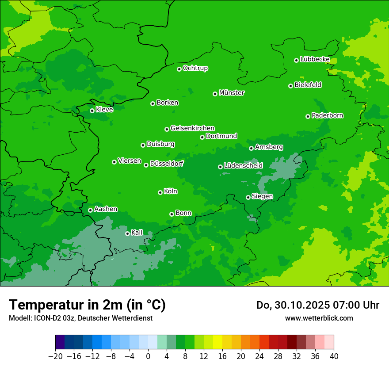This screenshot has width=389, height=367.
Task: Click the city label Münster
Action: [232, 93]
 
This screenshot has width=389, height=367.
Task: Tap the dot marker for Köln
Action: [160, 192]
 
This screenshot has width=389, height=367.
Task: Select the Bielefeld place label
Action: [308, 85]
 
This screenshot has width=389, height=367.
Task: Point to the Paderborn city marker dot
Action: [308, 116]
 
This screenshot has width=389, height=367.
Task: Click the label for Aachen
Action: [106, 209]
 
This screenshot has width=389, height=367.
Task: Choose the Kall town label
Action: [137, 233]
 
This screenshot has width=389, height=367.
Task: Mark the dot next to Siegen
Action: [248, 197]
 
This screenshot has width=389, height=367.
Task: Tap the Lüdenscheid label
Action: [243, 166]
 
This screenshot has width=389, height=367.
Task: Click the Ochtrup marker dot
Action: [179, 69]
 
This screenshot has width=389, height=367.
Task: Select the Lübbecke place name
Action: [315, 59]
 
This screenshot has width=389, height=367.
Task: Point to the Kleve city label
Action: [104, 110]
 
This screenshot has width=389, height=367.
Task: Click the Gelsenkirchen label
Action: [192, 128]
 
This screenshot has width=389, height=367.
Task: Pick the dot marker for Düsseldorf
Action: [146, 165]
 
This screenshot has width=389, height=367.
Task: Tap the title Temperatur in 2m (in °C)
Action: [87, 305]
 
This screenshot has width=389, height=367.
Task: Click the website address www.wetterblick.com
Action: [319, 318]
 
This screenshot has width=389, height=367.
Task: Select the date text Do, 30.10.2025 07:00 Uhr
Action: [318, 305]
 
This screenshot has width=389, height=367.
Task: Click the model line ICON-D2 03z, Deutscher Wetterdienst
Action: [80, 318]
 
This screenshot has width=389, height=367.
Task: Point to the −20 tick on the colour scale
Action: [55, 356]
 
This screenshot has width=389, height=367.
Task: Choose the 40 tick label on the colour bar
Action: [334, 356]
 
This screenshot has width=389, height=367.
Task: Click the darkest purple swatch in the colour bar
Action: [60, 342]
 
